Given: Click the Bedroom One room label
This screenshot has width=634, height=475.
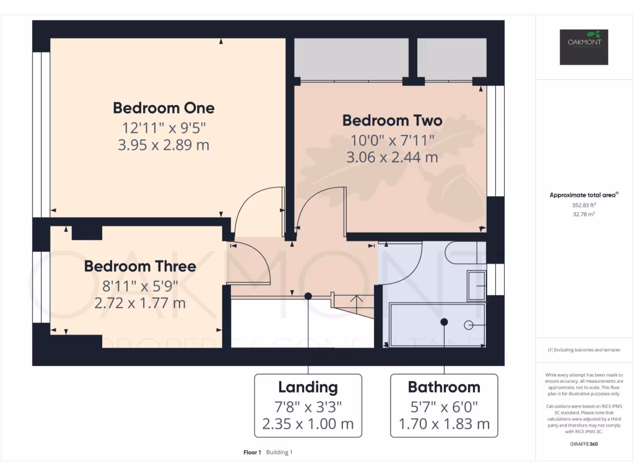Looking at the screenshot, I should click(x=163, y=108).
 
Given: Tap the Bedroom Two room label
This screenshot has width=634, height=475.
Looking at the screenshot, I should click(x=392, y=120).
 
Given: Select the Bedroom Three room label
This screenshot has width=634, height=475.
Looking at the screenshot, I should click(x=140, y=267).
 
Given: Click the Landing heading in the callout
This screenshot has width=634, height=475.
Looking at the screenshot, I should click(x=308, y=388).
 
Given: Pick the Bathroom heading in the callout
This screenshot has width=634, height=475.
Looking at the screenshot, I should click(x=444, y=388).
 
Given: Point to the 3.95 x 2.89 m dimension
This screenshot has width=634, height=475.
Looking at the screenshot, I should click(x=163, y=146).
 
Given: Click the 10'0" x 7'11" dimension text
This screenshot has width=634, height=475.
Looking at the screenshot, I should click(x=392, y=140).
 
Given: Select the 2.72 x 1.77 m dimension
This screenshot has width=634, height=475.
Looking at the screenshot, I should click(x=140, y=303).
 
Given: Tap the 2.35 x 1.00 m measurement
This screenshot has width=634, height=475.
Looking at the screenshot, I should click(x=308, y=424).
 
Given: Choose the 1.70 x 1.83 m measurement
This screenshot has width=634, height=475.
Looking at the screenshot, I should click(x=444, y=424).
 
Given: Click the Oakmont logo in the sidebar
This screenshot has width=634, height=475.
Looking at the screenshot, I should click(x=584, y=47).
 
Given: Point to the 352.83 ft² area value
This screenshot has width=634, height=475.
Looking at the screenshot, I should click(x=583, y=205).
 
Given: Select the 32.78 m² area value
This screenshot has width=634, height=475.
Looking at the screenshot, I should click(x=583, y=214).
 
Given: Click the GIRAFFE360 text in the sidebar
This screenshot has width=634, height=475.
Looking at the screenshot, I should click(x=584, y=444).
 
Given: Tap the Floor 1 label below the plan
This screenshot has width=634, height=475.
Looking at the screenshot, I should click(x=253, y=453).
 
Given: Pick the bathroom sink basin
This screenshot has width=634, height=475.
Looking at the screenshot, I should click(x=476, y=286).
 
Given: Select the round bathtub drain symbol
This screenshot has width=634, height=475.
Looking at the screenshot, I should click(x=469, y=325).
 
